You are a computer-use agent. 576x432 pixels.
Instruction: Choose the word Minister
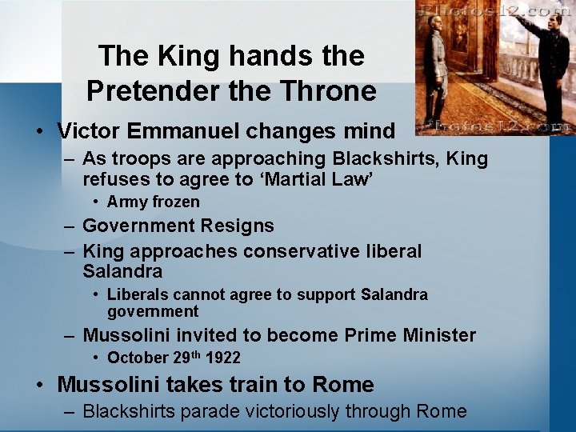click(433, 335)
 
